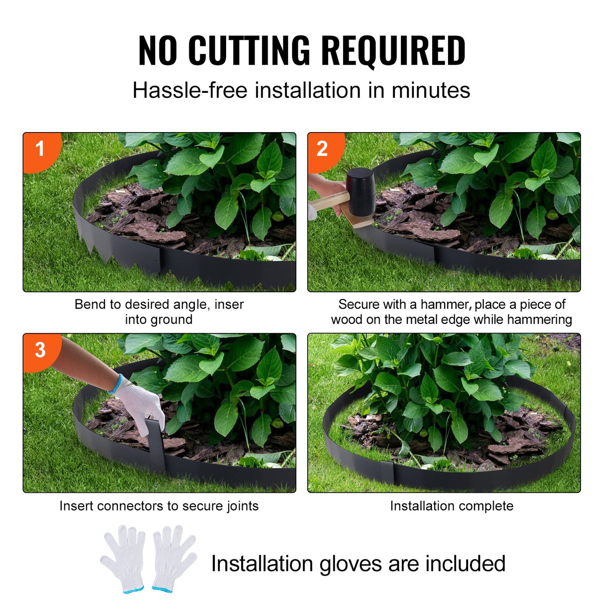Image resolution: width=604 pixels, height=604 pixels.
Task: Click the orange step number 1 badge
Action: tap(40, 149)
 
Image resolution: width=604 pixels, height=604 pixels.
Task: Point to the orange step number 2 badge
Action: tap(322, 149)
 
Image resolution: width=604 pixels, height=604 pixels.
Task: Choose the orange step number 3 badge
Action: tap(40, 350)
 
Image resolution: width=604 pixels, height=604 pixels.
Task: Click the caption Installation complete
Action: tap(451, 506)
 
